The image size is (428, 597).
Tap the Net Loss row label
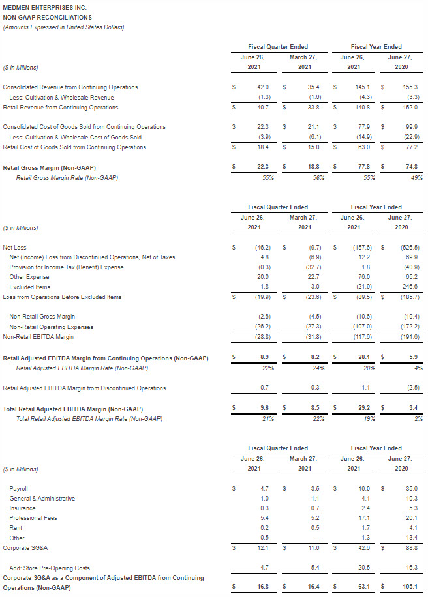point(16,248)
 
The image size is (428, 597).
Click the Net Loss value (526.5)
point(410,248)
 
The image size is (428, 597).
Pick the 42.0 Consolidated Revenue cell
point(264,87)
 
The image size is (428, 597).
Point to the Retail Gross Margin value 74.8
point(411,167)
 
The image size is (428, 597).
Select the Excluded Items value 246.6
point(411,287)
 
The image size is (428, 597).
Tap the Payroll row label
point(19,488)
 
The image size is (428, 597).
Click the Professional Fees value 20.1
point(411,518)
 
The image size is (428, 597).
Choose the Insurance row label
point(22,508)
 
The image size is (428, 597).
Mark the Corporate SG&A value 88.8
point(411,548)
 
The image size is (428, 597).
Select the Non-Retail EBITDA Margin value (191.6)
point(410,337)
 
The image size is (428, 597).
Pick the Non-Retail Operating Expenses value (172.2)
point(410,327)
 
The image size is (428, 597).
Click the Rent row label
point(16,528)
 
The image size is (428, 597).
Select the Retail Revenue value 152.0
point(411,108)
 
